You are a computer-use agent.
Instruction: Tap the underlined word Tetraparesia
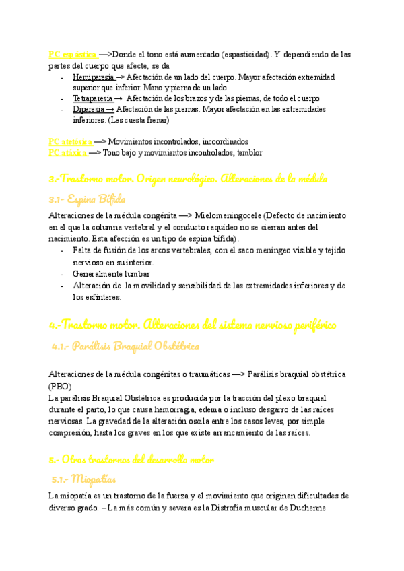pos(93,98)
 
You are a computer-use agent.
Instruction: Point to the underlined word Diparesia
pos(89,109)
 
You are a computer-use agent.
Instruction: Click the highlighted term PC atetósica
pos(70,142)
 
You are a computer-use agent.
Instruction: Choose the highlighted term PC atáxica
pos(67,153)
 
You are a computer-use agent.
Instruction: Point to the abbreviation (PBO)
pos(61,387)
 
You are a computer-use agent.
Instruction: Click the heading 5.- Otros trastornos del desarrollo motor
pos(131,460)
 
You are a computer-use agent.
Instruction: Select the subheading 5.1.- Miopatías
pos(84,479)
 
